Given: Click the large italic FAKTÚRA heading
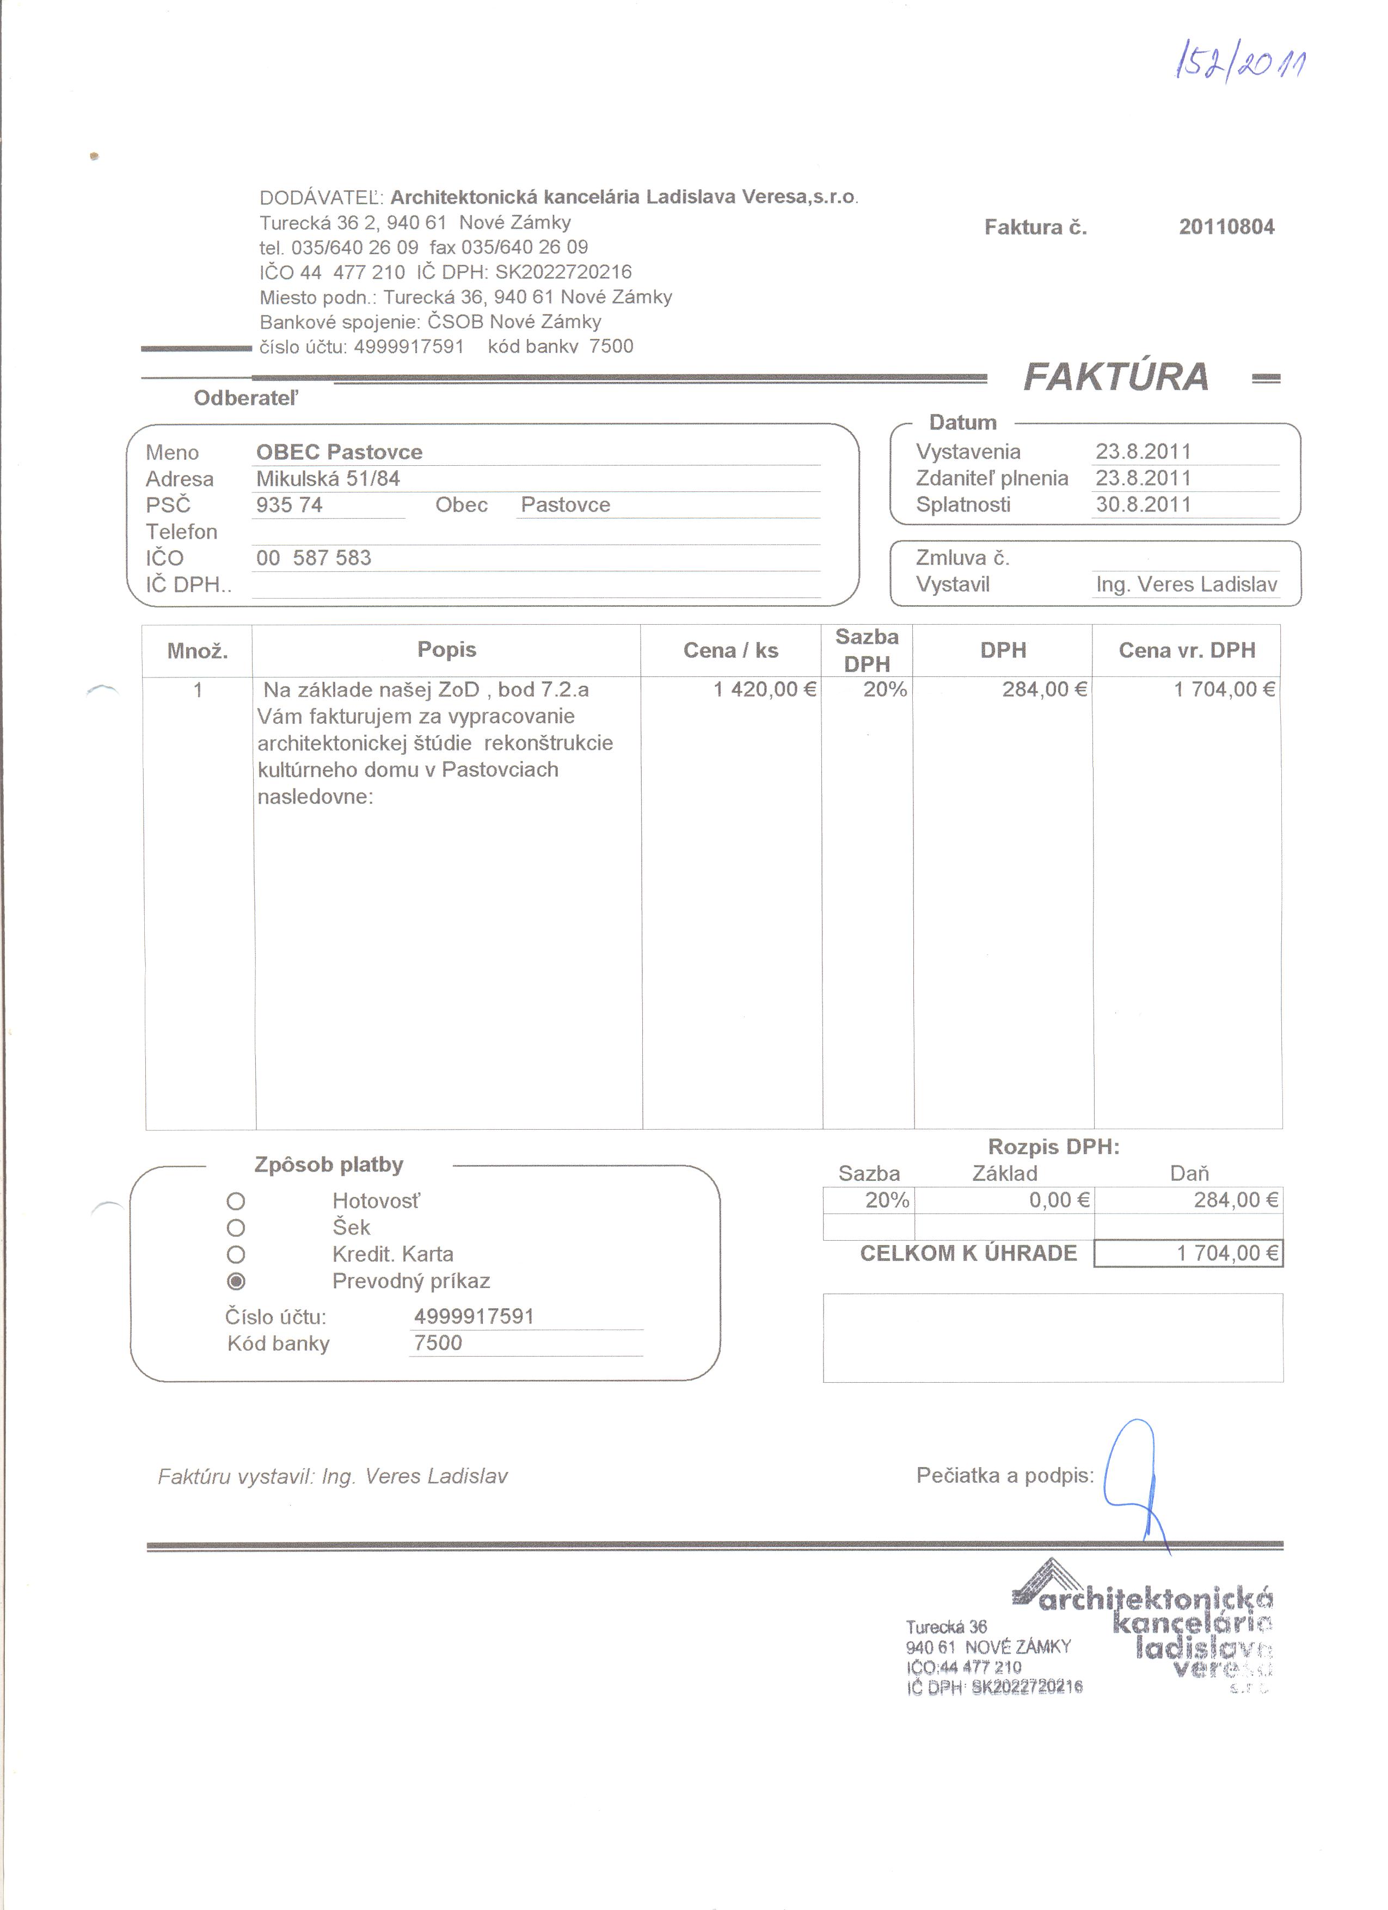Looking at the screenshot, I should click(1116, 377).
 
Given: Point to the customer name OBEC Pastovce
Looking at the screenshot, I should click(340, 452).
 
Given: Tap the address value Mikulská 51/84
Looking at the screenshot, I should click(328, 479).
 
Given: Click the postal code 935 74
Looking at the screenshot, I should click(289, 506).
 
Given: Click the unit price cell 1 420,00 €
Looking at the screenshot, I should click(764, 690).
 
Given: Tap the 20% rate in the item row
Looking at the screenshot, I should click(885, 690).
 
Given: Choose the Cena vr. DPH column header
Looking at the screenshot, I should click(1186, 650).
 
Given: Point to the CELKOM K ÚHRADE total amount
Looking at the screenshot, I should click(1227, 1253).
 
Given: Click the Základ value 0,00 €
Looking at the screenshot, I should click(1059, 1200).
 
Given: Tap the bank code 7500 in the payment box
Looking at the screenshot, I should click(438, 1343).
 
